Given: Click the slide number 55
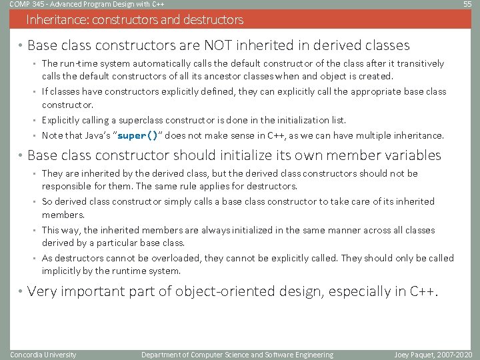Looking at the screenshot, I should (467, 5).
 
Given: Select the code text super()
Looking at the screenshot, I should (137, 136).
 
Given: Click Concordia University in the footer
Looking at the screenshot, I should (43, 355).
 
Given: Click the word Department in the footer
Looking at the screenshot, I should (164, 355).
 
